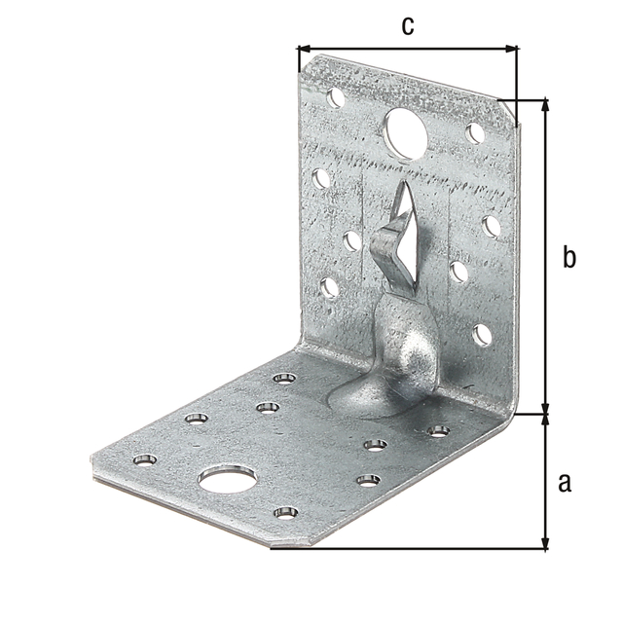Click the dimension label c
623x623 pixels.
(x=408, y=26)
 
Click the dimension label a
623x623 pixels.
(x=565, y=483)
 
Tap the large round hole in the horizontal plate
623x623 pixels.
(x=228, y=480)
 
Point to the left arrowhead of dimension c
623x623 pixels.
(x=304, y=49)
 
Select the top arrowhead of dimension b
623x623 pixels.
(x=546, y=105)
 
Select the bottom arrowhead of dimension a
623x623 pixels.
(x=546, y=543)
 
